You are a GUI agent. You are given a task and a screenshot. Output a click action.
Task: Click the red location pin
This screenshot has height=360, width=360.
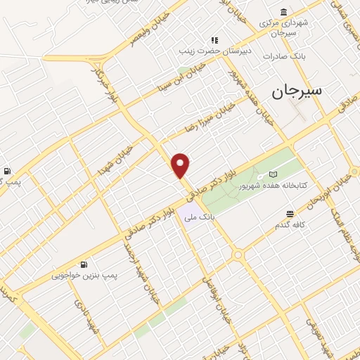click(x=181, y=165)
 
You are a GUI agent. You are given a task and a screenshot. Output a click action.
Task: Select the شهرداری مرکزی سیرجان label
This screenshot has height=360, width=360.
click(x=283, y=27)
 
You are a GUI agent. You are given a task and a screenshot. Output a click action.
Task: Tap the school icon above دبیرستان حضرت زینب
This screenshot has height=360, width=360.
click(x=214, y=40)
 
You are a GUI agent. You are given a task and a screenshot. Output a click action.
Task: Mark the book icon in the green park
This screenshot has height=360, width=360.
click(x=274, y=174)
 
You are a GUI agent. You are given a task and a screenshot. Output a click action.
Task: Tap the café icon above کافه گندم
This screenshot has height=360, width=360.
click(x=290, y=214)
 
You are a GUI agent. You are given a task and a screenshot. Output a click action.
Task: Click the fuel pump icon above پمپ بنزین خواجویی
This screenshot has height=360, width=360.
click(x=84, y=264)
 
